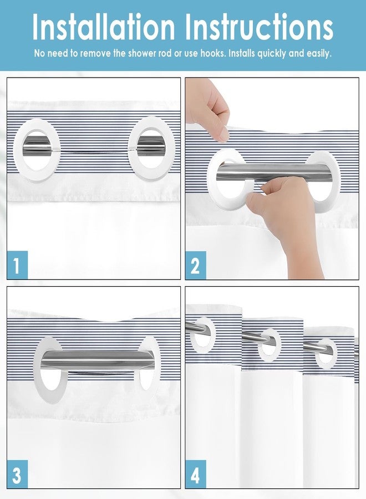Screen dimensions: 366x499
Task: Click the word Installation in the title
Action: pos(104,27)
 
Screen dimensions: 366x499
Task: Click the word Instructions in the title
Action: pos(259,27)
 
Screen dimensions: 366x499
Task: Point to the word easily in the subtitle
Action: pos(319,53)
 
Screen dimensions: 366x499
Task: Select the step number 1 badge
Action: pos(17,265)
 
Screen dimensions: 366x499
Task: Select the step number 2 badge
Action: pos(196,265)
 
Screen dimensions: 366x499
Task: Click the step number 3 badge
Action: pos(17,474)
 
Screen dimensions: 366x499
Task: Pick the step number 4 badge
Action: pos(196,474)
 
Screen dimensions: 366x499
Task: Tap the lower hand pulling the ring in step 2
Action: pos(287,216)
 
